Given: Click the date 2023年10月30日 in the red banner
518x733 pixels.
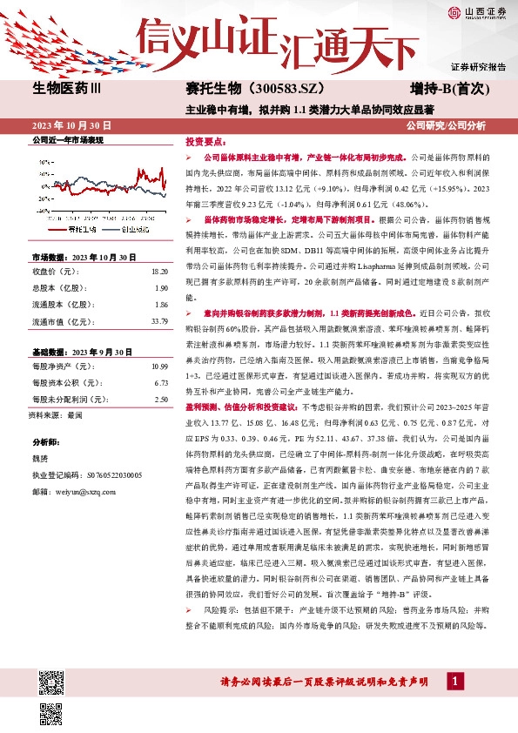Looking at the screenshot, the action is point(68,124).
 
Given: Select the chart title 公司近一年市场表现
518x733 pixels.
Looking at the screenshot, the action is point(67,140).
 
